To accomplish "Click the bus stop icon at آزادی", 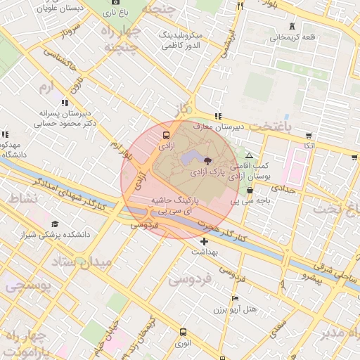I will pos(166,135).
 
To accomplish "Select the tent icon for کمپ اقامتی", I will pos(249,155).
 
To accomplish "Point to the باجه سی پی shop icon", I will pos(250,191).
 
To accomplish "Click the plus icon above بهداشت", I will pos(204,241).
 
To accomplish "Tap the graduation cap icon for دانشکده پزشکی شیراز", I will pos(55,224).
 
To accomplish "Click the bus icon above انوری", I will pos(183,332).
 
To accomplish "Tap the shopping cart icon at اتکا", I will pos(308,134).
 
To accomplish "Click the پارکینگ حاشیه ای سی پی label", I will pos(172,205).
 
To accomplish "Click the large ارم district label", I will pos(44,87).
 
